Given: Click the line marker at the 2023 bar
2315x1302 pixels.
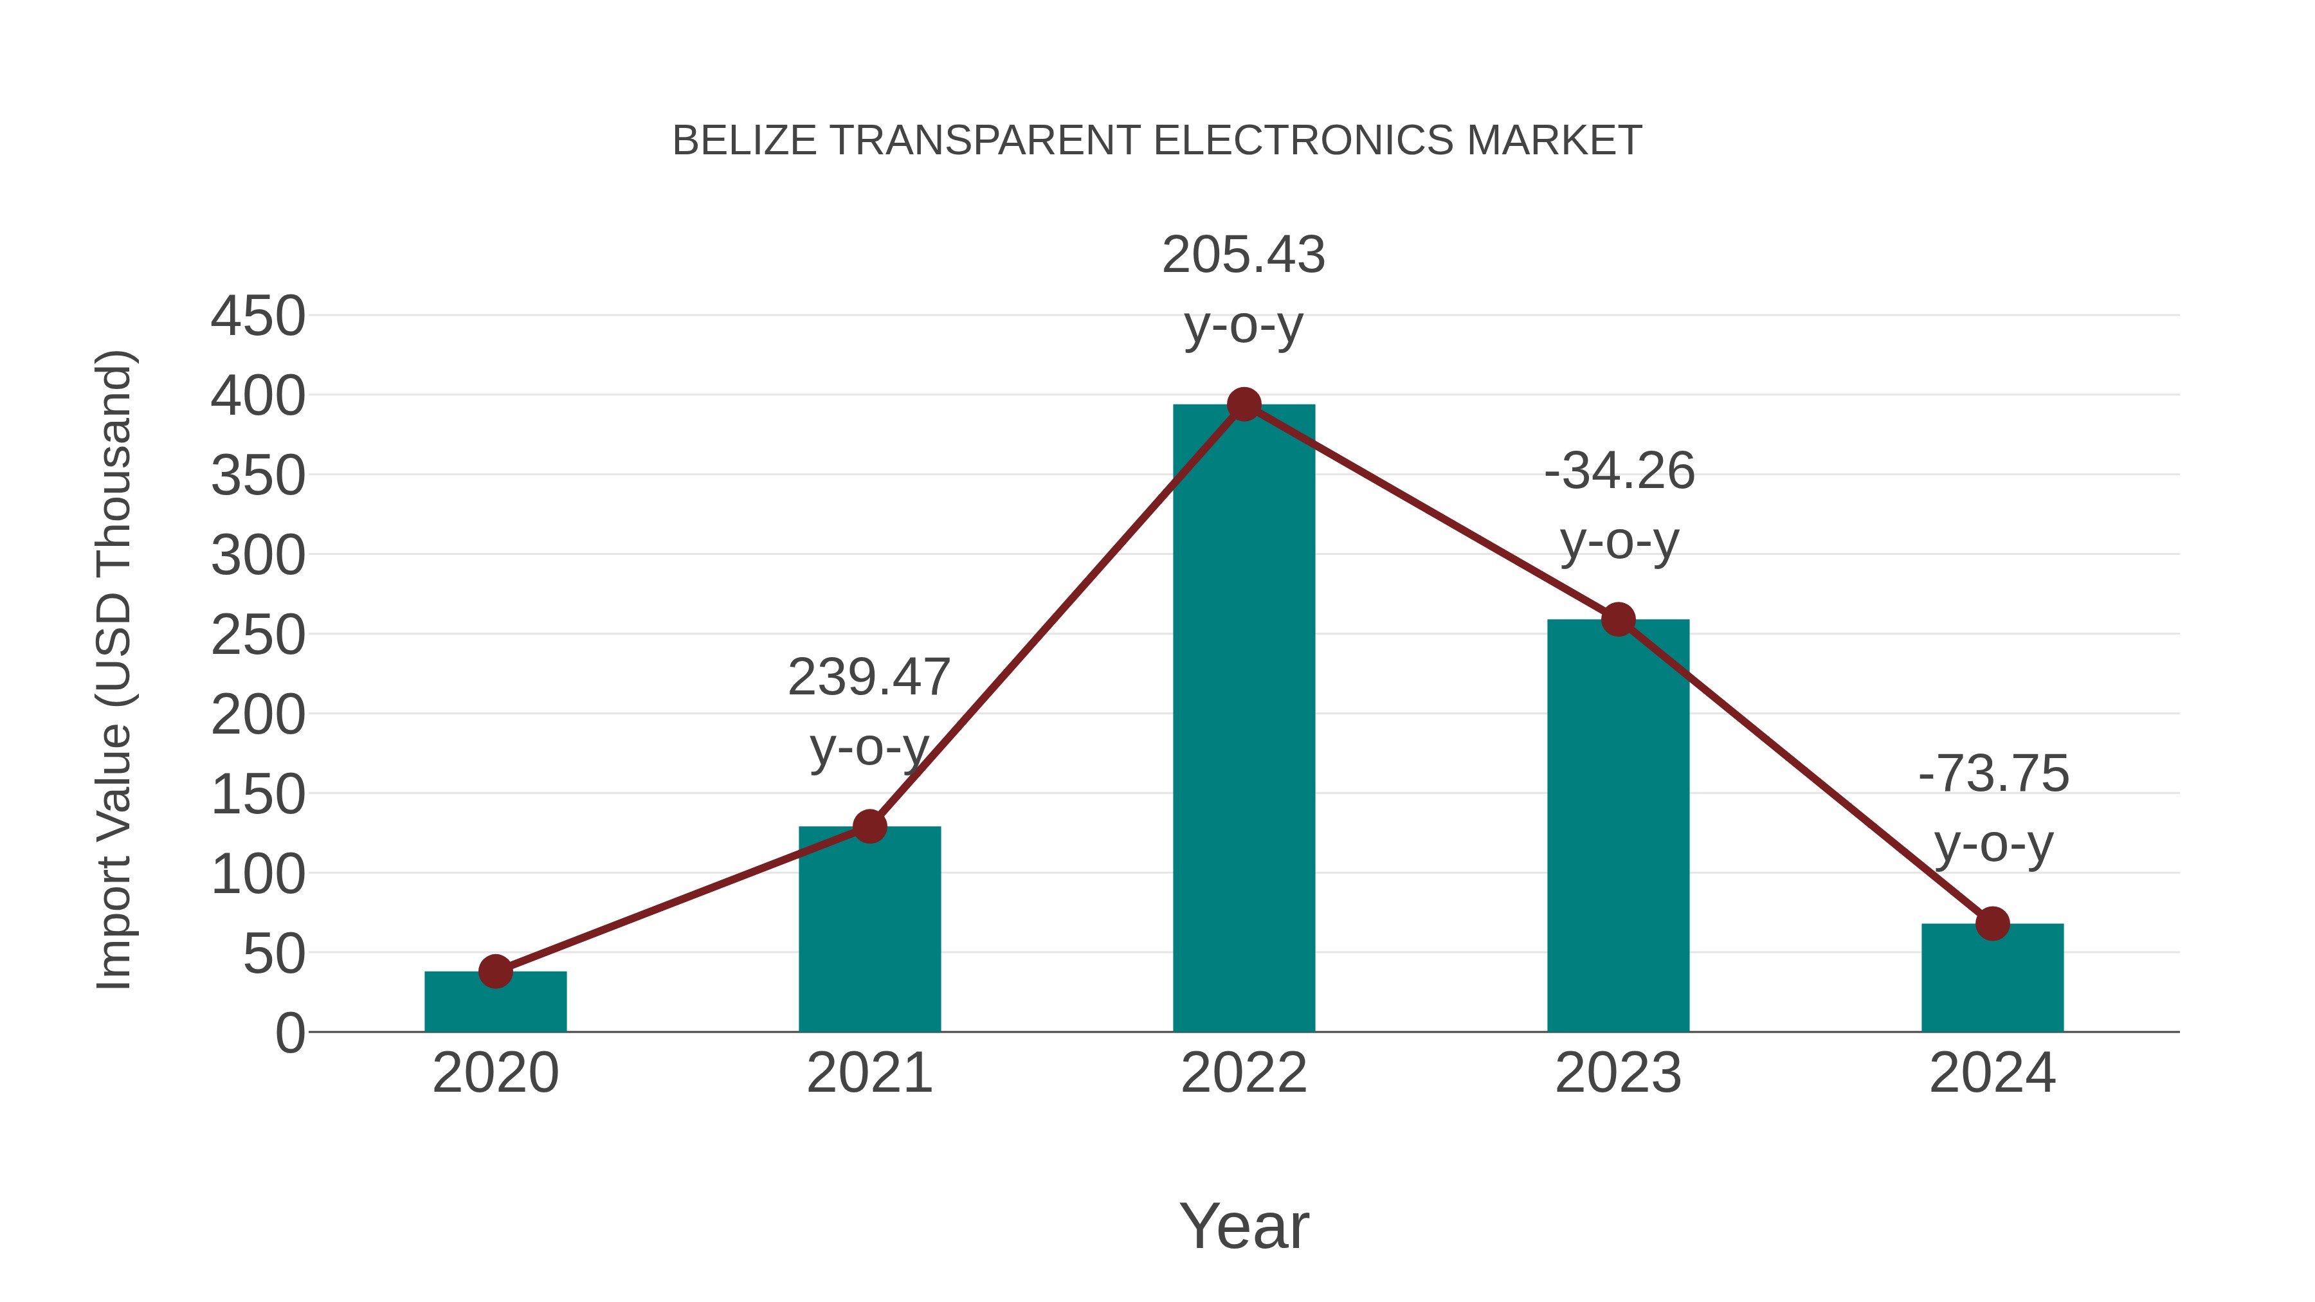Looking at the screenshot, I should [x=1618, y=619].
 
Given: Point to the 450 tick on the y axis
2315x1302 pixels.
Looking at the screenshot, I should [x=258, y=316].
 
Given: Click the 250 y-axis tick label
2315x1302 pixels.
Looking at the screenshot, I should [x=258, y=635].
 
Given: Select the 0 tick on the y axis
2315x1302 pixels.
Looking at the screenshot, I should [x=290, y=1033].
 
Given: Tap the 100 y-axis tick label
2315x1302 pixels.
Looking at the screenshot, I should [x=258, y=874].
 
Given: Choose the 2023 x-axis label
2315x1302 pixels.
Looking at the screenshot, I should [x=1618, y=1073].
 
